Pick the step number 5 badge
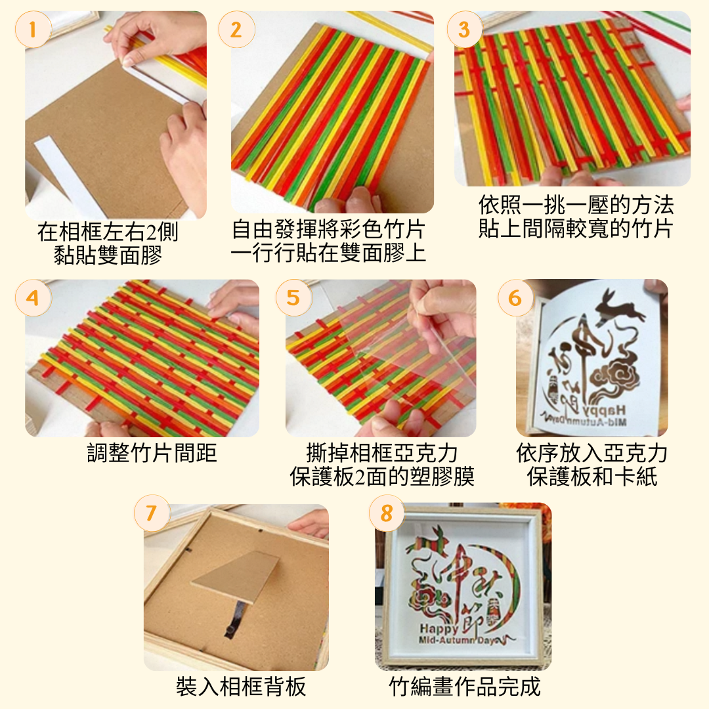pyautogui.click(x=293, y=297)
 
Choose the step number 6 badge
pyautogui.click(x=515, y=297)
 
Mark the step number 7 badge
pyautogui.click(x=152, y=513)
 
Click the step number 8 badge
pyautogui.click(x=387, y=513)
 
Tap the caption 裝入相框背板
pyautogui.click(x=241, y=687)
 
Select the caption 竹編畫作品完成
pyautogui.click(x=464, y=687)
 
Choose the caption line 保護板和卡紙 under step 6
pyautogui.click(x=591, y=477)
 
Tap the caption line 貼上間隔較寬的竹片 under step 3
pyautogui.click(x=575, y=230)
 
